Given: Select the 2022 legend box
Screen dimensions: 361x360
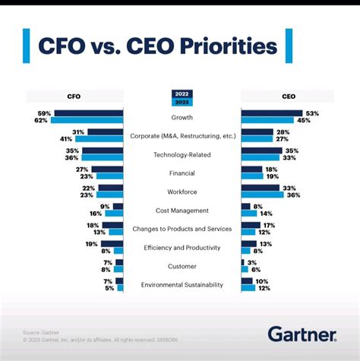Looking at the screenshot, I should coord(182,93).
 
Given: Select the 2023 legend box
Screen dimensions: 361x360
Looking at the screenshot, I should coord(182,101).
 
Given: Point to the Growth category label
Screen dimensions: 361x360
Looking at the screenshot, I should coord(182,118).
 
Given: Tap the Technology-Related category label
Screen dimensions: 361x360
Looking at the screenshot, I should coord(182,154).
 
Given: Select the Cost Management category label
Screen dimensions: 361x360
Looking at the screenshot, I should coord(182,211).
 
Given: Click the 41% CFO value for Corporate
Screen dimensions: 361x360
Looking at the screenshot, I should coord(77,139).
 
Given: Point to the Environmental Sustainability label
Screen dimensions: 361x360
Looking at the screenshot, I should coord(182,285).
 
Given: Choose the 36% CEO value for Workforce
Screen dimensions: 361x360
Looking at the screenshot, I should coord(293,195).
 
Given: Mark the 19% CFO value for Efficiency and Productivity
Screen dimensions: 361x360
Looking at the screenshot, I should coord(91,243).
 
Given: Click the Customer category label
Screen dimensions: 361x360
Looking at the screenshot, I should coord(182,266).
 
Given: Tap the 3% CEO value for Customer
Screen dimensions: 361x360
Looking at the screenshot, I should coord(252,262).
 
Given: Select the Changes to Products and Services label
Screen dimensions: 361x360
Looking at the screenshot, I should coord(182,229).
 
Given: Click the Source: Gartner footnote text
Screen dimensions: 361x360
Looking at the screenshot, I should coord(36,331).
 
